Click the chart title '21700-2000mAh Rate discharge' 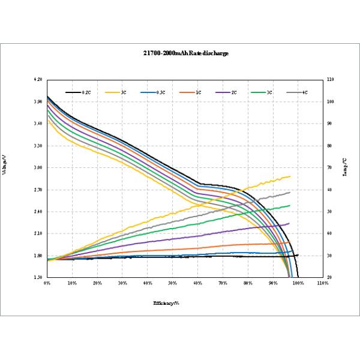tap(180, 53)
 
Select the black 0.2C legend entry tap(79, 93)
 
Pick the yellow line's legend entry tap(115, 93)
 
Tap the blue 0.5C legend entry tap(152, 93)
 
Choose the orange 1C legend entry tap(188, 93)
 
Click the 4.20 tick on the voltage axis tap(38, 80)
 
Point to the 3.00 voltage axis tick tap(38, 167)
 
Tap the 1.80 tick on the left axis tap(38, 256)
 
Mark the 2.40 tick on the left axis tap(38, 212)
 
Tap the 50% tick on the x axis tap(172, 283)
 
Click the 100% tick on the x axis tap(298, 283)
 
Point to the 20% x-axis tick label tap(97, 283)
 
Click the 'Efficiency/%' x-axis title tap(166, 303)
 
